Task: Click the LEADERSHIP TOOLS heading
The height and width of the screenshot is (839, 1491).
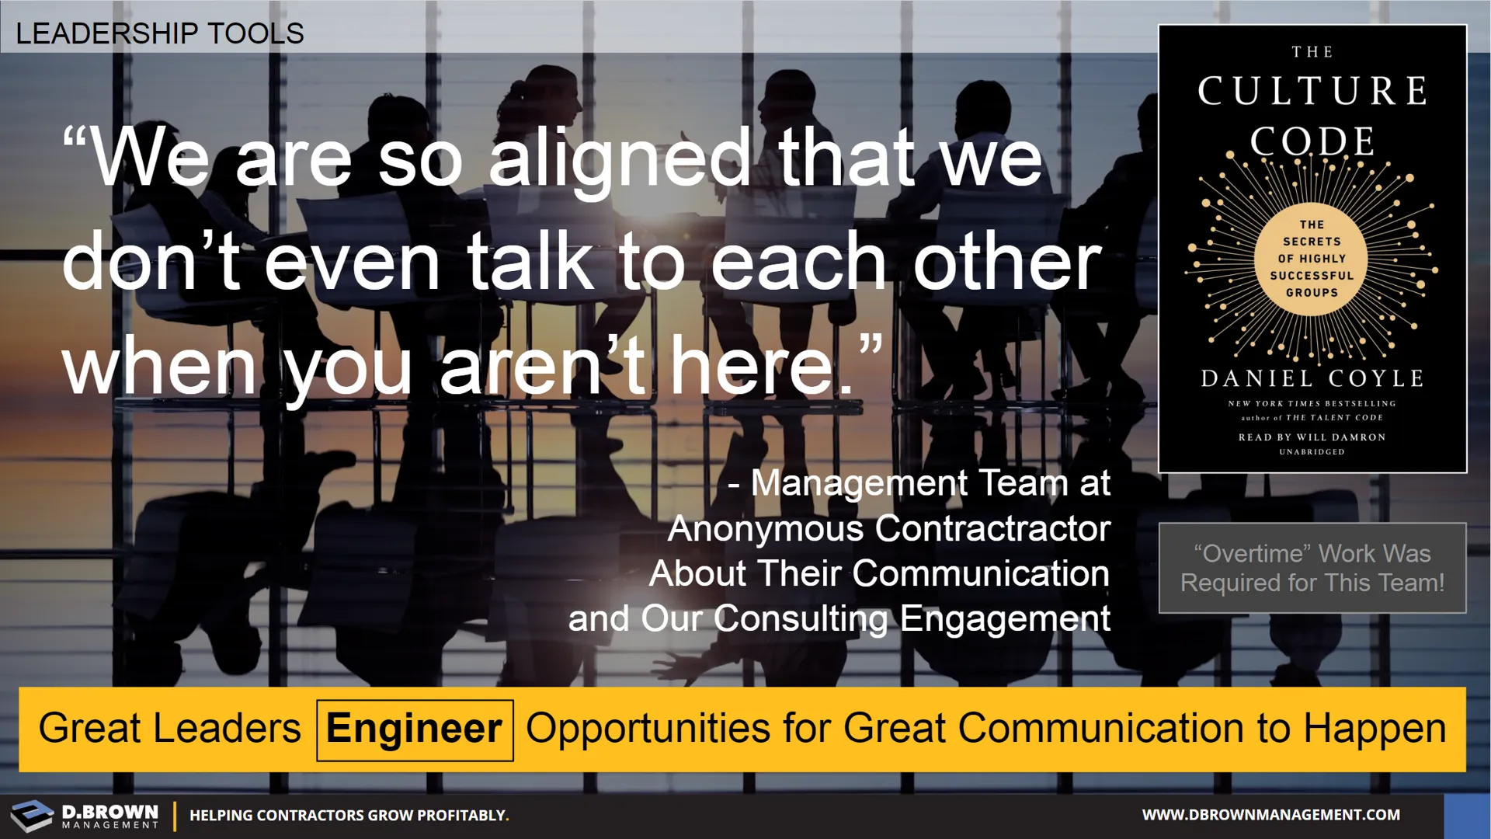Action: pyautogui.click(x=160, y=33)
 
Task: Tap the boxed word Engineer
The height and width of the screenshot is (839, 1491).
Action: pyautogui.click(x=414, y=729)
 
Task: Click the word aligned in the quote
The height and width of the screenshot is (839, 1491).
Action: pyautogui.click(x=620, y=161)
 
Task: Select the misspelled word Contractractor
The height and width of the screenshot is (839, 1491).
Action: pyautogui.click(x=993, y=529)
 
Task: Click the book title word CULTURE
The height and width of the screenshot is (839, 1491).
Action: pyautogui.click(x=1312, y=91)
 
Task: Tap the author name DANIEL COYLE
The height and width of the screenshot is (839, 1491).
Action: pyautogui.click(x=1312, y=378)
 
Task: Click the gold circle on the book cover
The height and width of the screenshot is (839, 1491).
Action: pyautogui.click(x=1312, y=259)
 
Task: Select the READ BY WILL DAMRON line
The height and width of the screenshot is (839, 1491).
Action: pyautogui.click(x=1312, y=437)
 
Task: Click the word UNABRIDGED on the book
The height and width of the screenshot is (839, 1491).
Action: pyautogui.click(x=1312, y=452)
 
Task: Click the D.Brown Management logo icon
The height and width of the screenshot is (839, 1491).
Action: pyautogui.click(x=31, y=815)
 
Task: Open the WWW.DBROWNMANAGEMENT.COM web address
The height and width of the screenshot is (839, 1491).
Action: pyautogui.click(x=1271, y=815)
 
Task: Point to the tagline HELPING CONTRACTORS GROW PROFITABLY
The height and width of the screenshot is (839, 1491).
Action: pyautogui.click(x=349, y=816)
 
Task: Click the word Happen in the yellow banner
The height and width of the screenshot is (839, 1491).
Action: pyautogui.click(x=1375, y=730)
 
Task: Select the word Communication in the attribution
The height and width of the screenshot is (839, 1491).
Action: pyautogui.click(x=982, y=574)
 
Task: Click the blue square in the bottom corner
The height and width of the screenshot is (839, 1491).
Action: pyautogui.click(x=1468, y=816)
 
